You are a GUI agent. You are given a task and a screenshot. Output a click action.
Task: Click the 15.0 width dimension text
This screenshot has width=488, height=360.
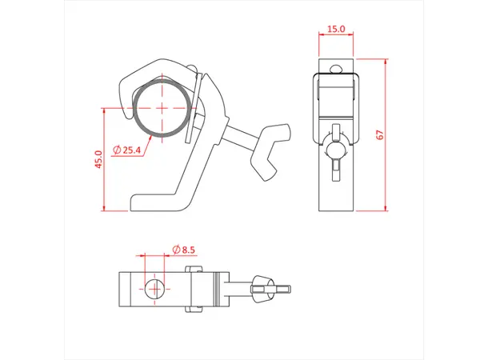(x=336, y=30)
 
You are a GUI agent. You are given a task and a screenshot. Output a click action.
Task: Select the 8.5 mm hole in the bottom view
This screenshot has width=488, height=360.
(x=155, y=288)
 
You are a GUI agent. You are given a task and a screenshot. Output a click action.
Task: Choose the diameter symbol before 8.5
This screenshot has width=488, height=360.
(x=175, y=250)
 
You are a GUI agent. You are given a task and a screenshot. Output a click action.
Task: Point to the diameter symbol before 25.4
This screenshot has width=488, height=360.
(x=117, y=150)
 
